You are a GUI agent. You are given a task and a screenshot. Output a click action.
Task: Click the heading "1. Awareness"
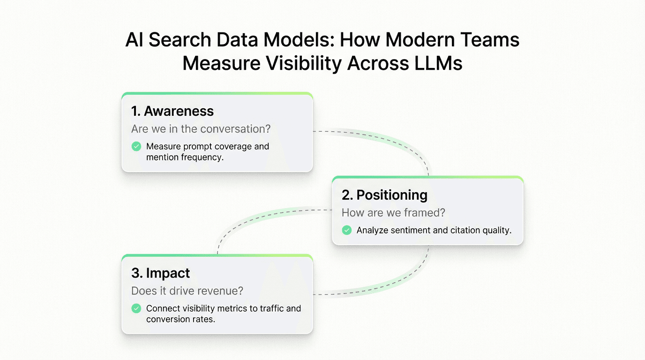(x=172, y=111)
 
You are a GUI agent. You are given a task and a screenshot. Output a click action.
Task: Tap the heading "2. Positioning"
(x=384, y=195)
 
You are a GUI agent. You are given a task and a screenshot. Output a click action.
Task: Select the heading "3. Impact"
(x=160, y=273)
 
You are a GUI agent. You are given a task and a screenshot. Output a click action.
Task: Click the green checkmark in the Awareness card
(x=136, y=147)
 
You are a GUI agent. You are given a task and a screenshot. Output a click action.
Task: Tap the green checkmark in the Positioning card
(x=346, y=230)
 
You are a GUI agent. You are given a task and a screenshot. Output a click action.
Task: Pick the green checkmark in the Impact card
(x=136, y=308)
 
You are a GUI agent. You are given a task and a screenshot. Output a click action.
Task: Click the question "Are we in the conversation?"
(x=201, y=128)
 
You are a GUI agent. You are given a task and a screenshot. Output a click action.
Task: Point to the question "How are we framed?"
(x=393, y=213)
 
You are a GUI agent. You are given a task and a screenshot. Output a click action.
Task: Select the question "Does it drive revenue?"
(x=187, y=291)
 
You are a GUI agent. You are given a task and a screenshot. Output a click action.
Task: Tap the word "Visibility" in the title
(x=296, y=64)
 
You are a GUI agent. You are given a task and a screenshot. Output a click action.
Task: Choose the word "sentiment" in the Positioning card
(x=411, y=230)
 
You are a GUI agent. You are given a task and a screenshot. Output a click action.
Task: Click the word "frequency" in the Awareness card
(x=201, y=157)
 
